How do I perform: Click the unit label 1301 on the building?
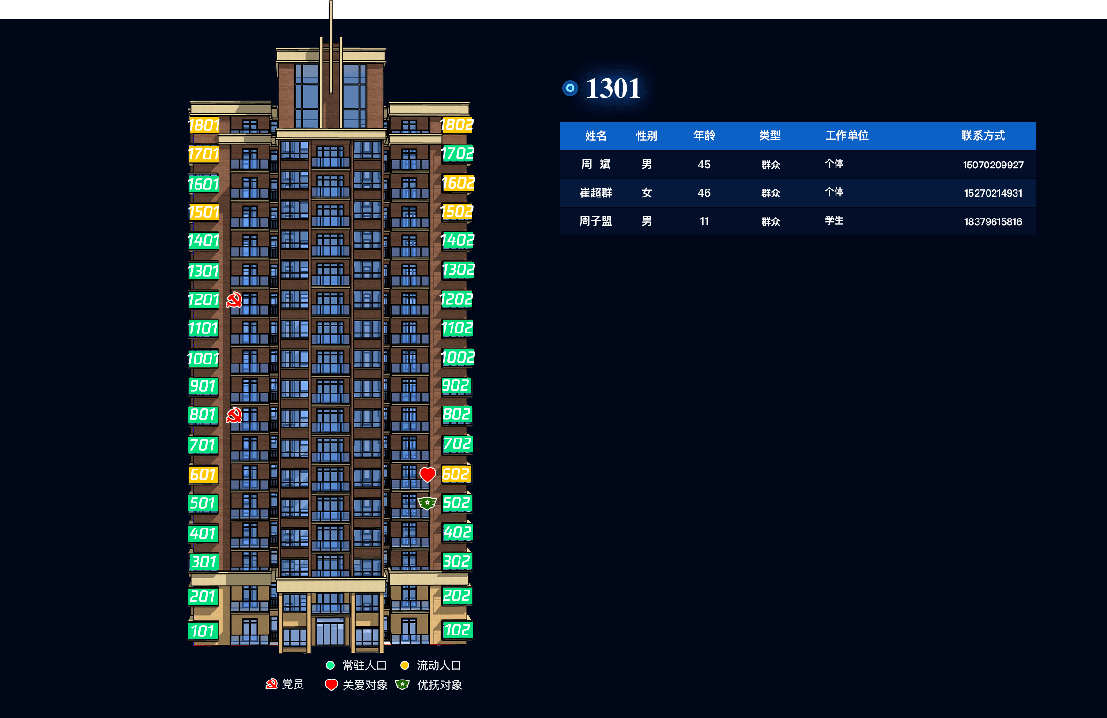(203, 271)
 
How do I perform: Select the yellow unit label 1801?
(204, 125)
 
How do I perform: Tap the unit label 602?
(456, 474)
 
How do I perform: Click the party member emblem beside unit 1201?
(234, 300)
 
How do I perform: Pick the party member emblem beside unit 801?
(234, 415)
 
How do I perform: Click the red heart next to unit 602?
(427, 474)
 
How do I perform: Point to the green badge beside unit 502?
(427, 503)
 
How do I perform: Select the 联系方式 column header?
(983, 136)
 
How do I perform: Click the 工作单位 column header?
(847, 136)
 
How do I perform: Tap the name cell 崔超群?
(596, 193)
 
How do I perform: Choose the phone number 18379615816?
(993, 222)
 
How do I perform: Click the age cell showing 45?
(704, 165)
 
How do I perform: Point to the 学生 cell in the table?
(834, 220)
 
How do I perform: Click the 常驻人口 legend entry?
(356, 665)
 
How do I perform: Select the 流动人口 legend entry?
(431, 665)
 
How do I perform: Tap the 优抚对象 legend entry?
(429, 685)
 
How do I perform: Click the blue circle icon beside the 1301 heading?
(570, 88)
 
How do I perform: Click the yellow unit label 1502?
(457, 212)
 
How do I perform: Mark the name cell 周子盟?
(596, 221)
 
